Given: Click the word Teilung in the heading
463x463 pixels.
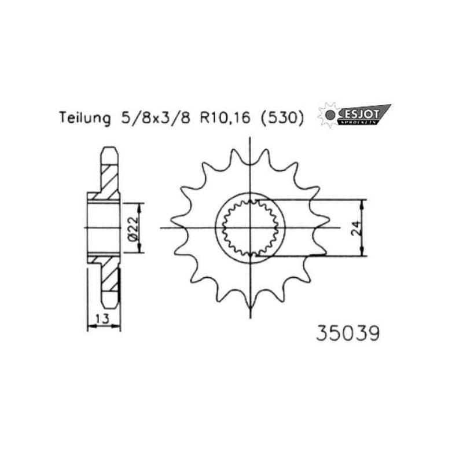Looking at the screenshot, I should pos(84,119).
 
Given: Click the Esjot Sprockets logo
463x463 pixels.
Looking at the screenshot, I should pos(354,115).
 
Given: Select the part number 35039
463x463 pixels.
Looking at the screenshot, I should pos(347,334).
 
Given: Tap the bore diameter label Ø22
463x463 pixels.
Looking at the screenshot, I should pos(132,228).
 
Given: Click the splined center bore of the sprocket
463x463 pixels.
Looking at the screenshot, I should pos(250,227).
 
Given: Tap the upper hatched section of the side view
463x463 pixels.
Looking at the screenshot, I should pos(108,181).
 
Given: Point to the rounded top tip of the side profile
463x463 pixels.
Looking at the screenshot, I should pos(109,149).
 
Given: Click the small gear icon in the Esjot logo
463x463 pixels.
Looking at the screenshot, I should pos(328,115).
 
